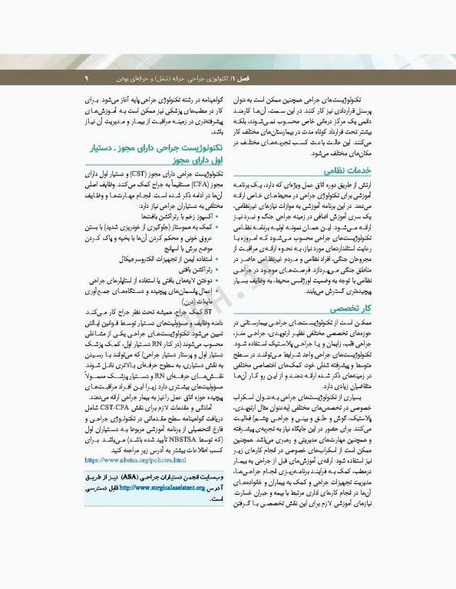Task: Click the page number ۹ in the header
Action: pos(87,78)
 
